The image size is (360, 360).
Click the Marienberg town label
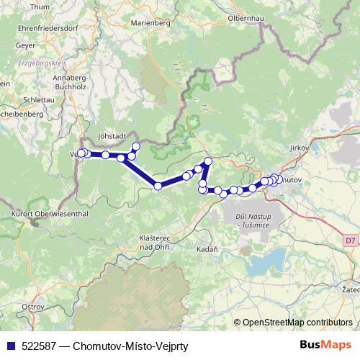tap(150, 23)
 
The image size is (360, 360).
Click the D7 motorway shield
tap(349, 240)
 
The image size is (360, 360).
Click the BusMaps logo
tap(327, 346)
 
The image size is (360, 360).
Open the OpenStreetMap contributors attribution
tap(297, 322)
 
